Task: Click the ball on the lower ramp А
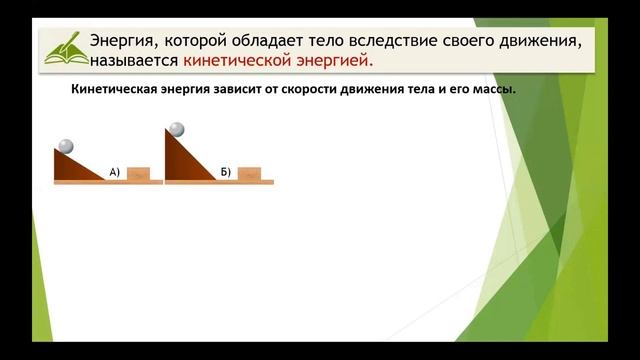pos(66,146)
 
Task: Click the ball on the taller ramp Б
pos(177,129)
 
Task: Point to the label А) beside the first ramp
pos(115,172)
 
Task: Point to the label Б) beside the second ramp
pos(226,172)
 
